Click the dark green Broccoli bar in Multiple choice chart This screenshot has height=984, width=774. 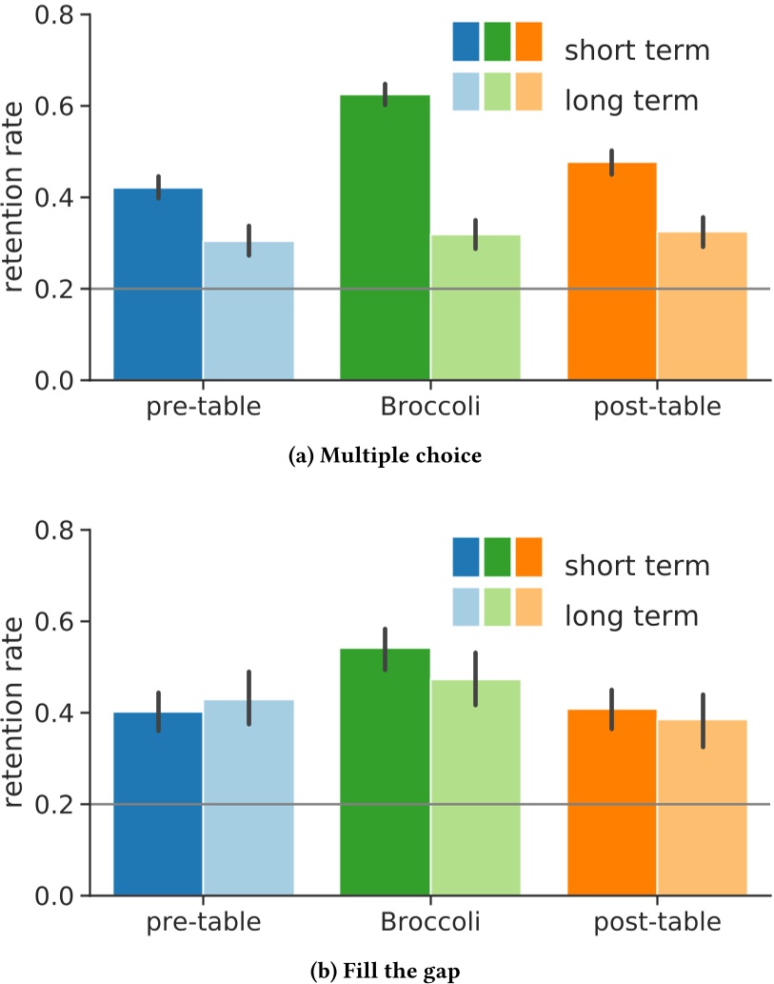pos(385,238)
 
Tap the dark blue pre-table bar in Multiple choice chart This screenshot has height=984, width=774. pos(158,285)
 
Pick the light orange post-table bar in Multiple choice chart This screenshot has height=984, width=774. pos(702,306)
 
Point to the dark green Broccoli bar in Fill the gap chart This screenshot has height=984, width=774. pos(385,772)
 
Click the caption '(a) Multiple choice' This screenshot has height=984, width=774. pos(387,455)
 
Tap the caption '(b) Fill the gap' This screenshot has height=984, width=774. pos(387,971)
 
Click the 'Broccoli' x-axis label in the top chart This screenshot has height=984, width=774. pos(430,408)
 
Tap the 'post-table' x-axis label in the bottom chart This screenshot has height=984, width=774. pos(657,923)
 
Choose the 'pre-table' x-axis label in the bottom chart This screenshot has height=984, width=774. pos(204,923)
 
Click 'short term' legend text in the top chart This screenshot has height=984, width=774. pos(637,50)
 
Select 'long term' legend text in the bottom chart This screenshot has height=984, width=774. pos(631,615)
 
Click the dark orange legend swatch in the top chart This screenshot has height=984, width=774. pos(528,42)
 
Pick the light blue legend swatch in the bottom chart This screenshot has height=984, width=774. pos(466,607)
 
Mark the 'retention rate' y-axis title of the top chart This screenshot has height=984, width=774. pos(19,196)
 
